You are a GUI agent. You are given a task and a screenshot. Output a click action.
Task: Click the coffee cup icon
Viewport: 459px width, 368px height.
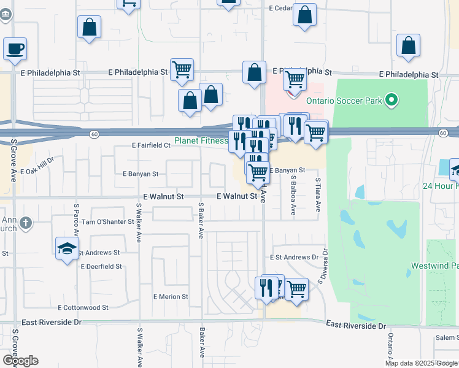[x=15, y=48]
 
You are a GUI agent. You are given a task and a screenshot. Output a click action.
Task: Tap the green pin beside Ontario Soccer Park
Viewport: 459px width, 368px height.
[x=390, y=100]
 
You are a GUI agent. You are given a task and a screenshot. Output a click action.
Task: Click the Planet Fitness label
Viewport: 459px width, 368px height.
[x=201, y=140]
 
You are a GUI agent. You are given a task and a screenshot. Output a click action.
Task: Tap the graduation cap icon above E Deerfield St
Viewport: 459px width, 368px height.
[x=67, y=248]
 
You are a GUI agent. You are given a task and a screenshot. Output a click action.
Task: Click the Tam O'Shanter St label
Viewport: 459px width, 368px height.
[x=107, y=221]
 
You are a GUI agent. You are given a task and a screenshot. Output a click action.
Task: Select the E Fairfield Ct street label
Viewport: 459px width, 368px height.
[x=151, y=145]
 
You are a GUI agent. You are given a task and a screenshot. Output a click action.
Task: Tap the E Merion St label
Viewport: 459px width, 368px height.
[x=171, y=296]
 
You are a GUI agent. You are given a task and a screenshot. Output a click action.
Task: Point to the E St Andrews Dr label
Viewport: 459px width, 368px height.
[x=295, y=258]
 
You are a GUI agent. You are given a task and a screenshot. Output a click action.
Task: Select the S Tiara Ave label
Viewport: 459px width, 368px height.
[x=318, y=195]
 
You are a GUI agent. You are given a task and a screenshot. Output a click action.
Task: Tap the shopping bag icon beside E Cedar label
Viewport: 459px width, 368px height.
[x=304, y=15]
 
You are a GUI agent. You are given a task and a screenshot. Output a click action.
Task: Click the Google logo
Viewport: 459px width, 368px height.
[x=20, y=361]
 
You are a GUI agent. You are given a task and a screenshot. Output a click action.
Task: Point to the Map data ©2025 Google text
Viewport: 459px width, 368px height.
[x=420, y=363]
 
